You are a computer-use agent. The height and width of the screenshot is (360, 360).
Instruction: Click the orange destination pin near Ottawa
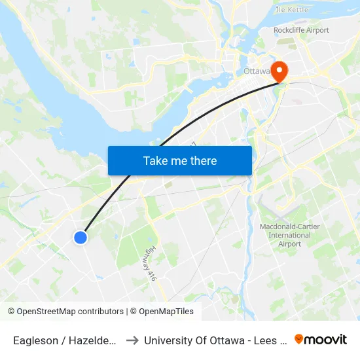[279, 71]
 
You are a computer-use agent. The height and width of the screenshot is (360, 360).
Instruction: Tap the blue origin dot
[81, 238]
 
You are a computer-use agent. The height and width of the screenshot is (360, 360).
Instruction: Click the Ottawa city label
[255, 71]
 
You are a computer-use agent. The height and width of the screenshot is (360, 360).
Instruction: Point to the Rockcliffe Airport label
[301, 30]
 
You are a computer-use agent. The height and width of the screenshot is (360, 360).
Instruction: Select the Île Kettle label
[291, 10]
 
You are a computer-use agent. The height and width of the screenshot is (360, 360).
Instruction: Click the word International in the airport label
[289, 235]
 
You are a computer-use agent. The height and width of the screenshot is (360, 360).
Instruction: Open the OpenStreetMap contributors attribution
[69, 312]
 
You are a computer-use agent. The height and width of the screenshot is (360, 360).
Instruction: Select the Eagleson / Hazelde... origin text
[65, 340]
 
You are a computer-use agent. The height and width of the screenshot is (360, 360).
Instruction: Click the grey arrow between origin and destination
[132, 340]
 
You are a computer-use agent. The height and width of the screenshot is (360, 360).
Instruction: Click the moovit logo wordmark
[325, 339]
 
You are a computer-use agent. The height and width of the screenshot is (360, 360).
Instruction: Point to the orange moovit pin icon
[298, 339]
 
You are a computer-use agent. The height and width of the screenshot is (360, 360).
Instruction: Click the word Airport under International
[289, 244]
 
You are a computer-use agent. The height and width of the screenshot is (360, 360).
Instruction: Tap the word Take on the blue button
[156, 160]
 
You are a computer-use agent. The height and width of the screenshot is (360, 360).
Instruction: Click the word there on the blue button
[200, 160]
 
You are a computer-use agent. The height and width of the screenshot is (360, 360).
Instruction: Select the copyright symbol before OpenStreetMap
[10, 312]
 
